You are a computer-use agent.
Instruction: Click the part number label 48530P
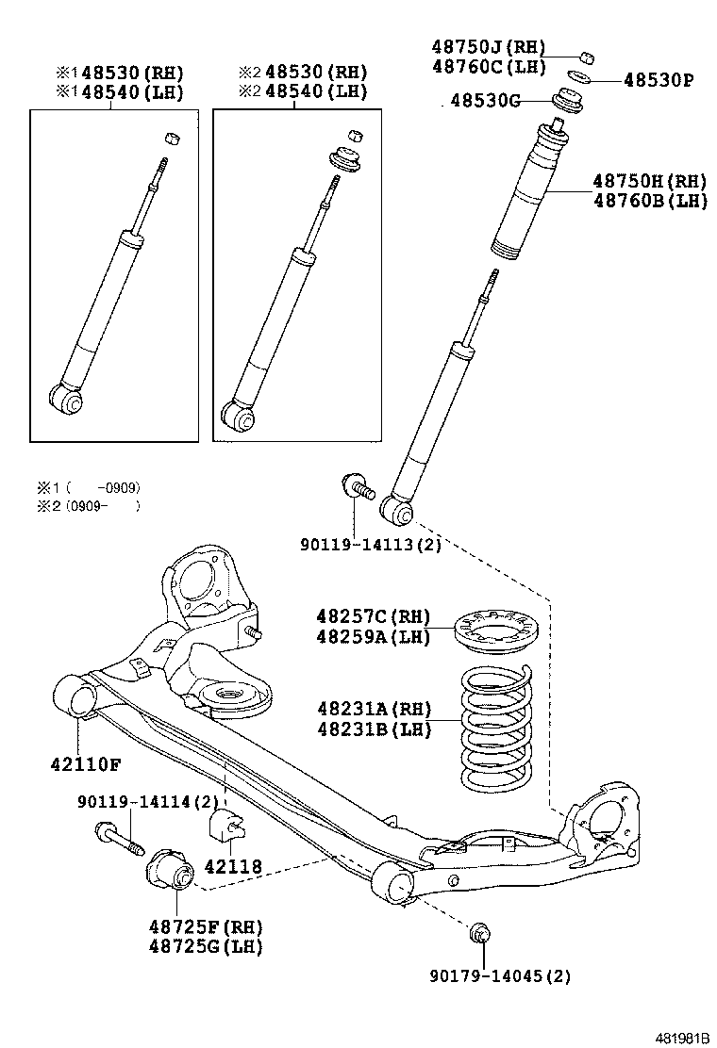658,81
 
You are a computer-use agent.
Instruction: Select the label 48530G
485,101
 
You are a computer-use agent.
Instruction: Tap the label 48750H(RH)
649,181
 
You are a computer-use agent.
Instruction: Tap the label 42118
233,866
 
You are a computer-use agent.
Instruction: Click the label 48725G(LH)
205,946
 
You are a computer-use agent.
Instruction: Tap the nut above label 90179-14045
479,933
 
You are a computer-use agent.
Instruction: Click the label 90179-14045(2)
500,976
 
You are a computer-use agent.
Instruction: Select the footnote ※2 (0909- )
89,506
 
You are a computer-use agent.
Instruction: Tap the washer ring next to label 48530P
581,75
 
